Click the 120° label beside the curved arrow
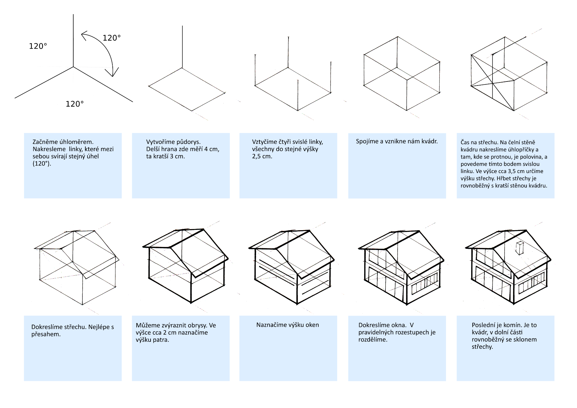coord(111,38)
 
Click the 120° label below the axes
coord(75,104)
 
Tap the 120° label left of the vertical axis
coord(38,46)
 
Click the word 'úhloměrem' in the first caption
coord(79,142)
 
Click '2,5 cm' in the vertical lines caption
coord(262,156)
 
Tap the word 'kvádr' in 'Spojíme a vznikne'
coord(429,141)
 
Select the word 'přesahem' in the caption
coord(46,334)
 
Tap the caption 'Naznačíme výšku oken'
coord(288,325)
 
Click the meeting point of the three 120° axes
coord(73,67)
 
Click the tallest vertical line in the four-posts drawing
coord(288,53)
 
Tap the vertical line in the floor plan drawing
coord(182,47)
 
